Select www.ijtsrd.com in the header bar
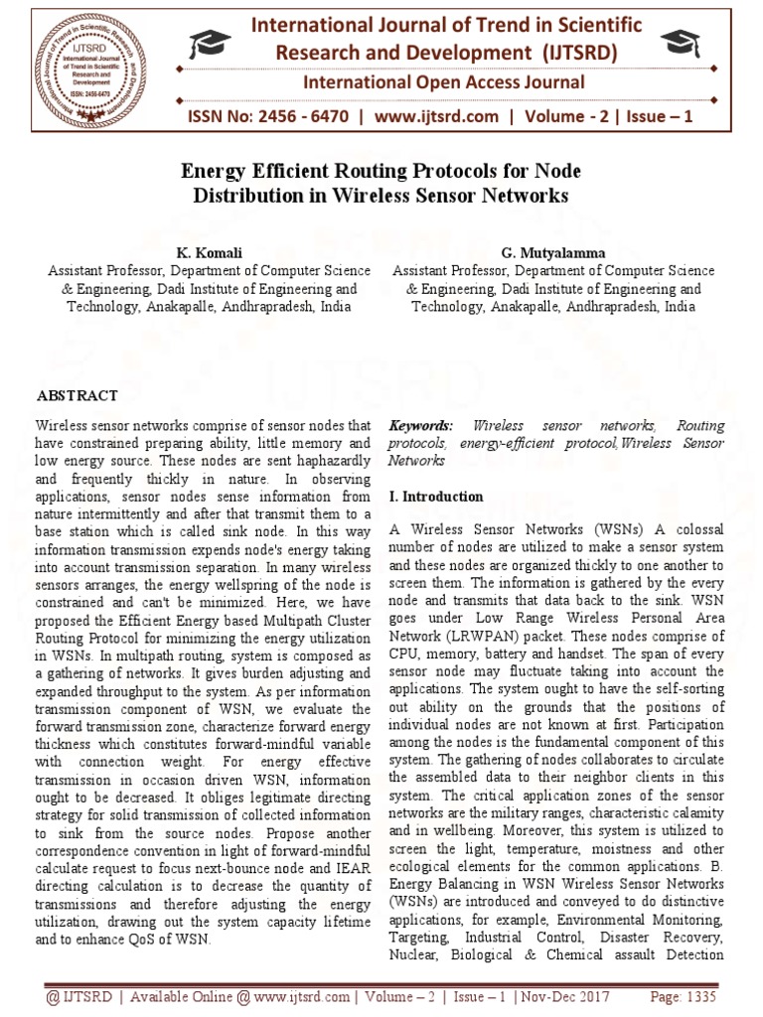pyautogui.click(x=437, y=117)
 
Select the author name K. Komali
pyautogui.click(x=210, y=252)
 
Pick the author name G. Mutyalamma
pyautogui.click(x=553, y=252)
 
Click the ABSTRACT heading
pyautogui.click(x=77, y=395)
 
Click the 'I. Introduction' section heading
pyautogui.click(x=436, y=497)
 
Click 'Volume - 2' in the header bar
pyautogui.click(x=567, y=117)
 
